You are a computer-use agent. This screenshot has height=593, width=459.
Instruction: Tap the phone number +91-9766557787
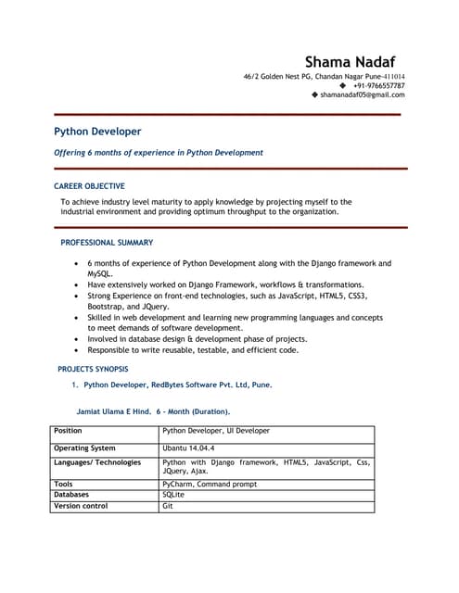(378, 85)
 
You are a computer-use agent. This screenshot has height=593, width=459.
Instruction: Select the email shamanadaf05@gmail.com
(363, 95)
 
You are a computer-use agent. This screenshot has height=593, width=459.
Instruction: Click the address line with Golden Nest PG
(324, 76)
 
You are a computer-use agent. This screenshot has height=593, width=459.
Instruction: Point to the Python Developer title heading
(97, 132)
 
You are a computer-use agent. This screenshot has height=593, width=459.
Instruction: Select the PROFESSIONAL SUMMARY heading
(107, 243)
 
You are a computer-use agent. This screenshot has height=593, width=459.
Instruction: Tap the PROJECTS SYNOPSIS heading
(93, 369)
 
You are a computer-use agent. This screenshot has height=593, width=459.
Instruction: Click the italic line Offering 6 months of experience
(158, 153)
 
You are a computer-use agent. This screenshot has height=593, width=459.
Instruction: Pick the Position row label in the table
(68, 431)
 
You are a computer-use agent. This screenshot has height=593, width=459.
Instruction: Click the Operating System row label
(84, 448)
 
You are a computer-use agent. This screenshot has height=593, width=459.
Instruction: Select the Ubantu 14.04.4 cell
(188, 448)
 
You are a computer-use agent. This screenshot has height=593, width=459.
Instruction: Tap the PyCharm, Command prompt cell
(209, 484)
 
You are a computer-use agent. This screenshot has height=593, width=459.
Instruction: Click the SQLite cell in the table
(173, 495)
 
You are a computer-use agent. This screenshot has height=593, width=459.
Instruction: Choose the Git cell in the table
(168, 506)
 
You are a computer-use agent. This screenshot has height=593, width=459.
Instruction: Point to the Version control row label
(81, 506)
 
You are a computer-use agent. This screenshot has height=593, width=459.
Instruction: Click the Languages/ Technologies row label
(97, 462)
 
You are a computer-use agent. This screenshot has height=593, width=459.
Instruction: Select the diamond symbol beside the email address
(315, 95)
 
